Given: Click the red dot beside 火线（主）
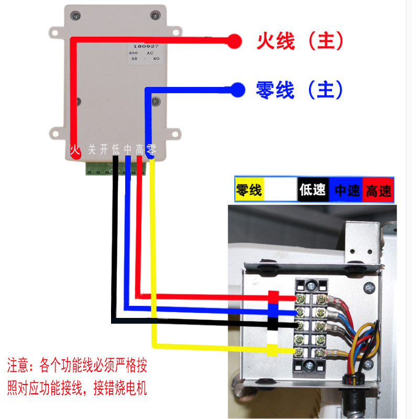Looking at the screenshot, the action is pos(234,41).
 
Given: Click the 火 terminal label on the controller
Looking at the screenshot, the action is pos(75,150).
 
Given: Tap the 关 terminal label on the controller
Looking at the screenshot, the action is pos(92,150).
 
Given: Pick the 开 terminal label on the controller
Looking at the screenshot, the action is pos(104,150).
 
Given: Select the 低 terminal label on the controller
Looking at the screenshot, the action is pos(116,150).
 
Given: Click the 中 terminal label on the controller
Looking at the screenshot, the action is pos(127,150).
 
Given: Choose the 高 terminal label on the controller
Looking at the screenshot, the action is pos(139,150).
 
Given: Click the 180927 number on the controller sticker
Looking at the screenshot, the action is pos(143,47).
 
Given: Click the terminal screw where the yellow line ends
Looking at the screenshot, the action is pos(302,351).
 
